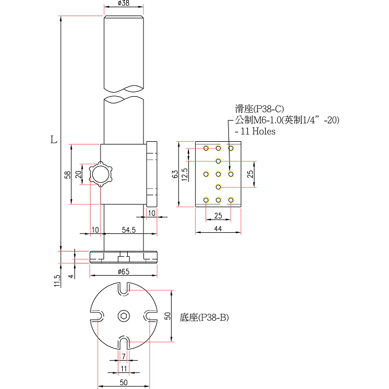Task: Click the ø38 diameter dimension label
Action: pos(124,4)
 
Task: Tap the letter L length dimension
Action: pos(53,139)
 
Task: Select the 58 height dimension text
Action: pos(67,174)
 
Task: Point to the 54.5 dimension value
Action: pos(128,230)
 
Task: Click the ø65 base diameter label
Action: pos(124,271)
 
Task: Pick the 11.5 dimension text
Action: pos(57,281)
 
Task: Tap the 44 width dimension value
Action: pos(218,228)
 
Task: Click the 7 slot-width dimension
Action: pos(123,356)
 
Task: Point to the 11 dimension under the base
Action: pos(123,368)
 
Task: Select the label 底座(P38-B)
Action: pos(205,317)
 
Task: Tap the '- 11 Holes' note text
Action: pos(255,132)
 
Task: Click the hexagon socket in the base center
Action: pos(123,316)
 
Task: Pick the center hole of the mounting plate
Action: pos(218,174)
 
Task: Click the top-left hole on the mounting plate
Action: pos(206,148)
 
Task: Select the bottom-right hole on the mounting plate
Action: pos(231,200)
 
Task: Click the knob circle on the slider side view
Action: pos(102,174)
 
